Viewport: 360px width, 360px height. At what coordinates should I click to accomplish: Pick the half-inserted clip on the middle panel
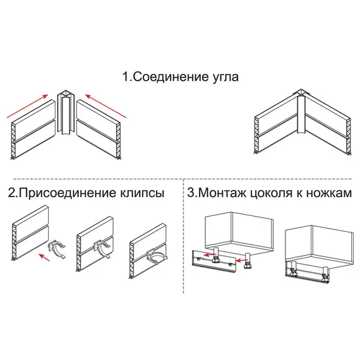click(103, 248)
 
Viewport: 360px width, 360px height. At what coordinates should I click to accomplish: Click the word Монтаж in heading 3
click(222, 193)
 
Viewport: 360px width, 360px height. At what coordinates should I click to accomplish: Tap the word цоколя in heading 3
click(273, 193)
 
